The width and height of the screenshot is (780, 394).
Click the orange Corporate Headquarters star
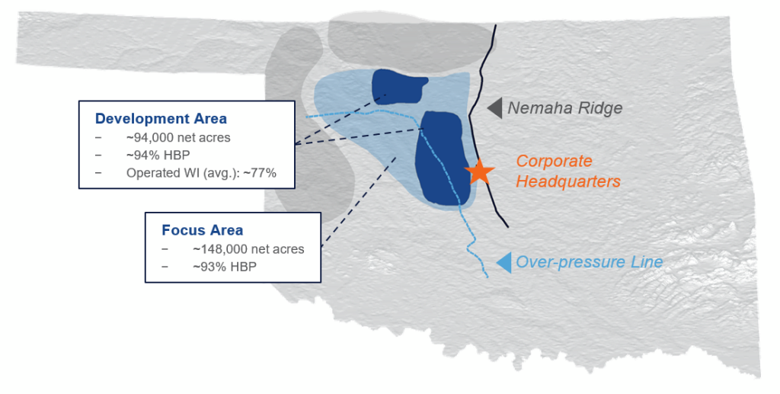(x=480, y=171)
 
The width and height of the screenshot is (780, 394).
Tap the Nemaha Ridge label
(x=564, y=108)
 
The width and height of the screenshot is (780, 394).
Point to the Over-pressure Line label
(x=589, y=261)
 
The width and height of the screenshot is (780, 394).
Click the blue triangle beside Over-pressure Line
(x=504, y=262)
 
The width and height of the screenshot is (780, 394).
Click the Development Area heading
(x=161, y=119)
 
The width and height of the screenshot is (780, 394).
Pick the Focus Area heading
(x=202, y=230)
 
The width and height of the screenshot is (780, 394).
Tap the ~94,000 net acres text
(x=178, y=137)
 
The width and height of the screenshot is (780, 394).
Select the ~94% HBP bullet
(x=158, y=155)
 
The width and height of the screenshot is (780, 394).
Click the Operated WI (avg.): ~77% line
(x=201, y=173)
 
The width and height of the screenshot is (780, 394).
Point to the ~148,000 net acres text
(x=248, y=248)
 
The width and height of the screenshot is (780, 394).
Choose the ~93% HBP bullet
(x=225, y=267)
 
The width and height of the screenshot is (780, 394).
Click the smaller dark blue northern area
(x=398, y=85)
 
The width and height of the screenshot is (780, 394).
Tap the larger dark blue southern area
(x=443, y=159)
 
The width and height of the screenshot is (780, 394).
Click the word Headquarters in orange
(x=568, y=181)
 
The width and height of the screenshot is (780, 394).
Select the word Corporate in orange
(x=554, y=162)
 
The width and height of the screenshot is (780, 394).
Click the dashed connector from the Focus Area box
(x=358, y=202)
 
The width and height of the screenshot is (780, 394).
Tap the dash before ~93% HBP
(x=165, y=267)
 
